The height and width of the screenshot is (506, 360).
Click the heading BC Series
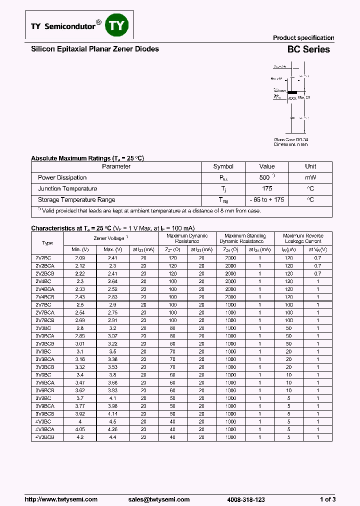(308, 49)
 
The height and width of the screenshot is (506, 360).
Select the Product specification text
(303, 38)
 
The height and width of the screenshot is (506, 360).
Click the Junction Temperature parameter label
(67, 188)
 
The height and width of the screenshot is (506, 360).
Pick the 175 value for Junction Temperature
(267, 188)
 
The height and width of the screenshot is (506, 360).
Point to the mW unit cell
(310, 177)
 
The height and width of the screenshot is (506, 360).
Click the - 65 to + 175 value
(267, 199)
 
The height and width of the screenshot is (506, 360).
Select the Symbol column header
(223, 166)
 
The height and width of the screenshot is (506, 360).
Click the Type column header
(47, 243)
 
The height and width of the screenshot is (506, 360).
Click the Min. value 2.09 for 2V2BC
(79, 258)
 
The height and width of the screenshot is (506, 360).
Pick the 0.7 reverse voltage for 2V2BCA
(317, 266)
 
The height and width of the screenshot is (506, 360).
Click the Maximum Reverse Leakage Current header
(303, 238)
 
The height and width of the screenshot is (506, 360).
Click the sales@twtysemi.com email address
(159, 499)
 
